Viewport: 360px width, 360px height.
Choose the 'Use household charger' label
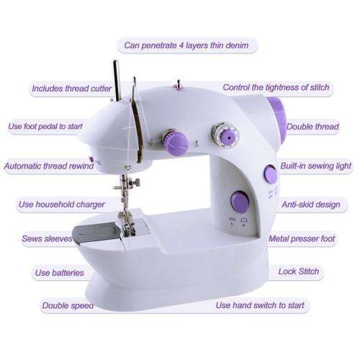coord(61,204)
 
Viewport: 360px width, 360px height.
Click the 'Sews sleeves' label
coord(47,238)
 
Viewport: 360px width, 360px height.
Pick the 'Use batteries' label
coord(59,272)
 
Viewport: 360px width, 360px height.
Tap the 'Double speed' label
coord(67,305)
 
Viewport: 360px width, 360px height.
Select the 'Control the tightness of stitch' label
coord(276,88)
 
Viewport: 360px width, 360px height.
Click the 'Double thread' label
coord(312,127)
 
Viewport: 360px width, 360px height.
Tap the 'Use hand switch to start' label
coord(260,305)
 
